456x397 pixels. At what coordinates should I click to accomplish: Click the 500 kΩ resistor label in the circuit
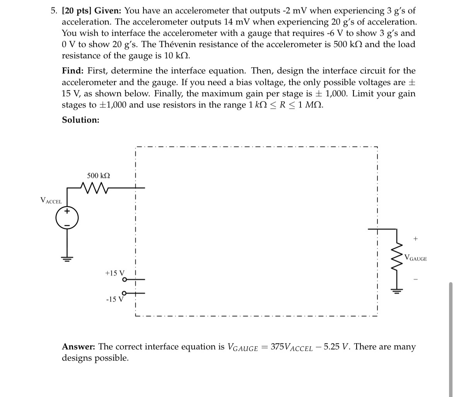pyautogui.click(x=98, y=175)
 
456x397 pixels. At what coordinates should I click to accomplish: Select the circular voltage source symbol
pyautogui.click(x=67, y=218)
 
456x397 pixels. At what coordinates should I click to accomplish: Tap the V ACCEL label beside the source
pyautogui.click(x=51, y=200)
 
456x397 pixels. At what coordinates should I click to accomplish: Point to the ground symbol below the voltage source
pyautogui.click(x=67, y=259)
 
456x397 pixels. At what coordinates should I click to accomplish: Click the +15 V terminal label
pyautogui.click(x=114, y=273)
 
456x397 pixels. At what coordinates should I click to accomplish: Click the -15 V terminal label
pyautogui.click(x=114, y=299)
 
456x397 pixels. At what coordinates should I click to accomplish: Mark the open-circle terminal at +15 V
pyautogui.click(x=124, y=279)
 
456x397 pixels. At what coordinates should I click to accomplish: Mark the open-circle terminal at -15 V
pyautogui.click(x=124, y=293)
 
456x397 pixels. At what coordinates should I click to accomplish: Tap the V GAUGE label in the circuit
pyautogui.click(x=416, y=258)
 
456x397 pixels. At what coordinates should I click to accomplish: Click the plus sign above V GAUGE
pyautogui.click(x=415, y=239)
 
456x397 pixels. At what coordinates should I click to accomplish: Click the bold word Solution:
pyautogui.click(x=80, y=120)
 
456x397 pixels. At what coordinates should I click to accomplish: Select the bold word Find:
pyautogui.click(x=73, y=71)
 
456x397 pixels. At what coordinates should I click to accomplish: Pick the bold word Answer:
pyautogui.click(x=79, y=347)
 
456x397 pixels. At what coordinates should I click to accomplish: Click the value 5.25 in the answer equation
pyautogui.click(x=332, y=347)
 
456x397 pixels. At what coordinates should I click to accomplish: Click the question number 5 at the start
pyautogui.click(x=53, y=11)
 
